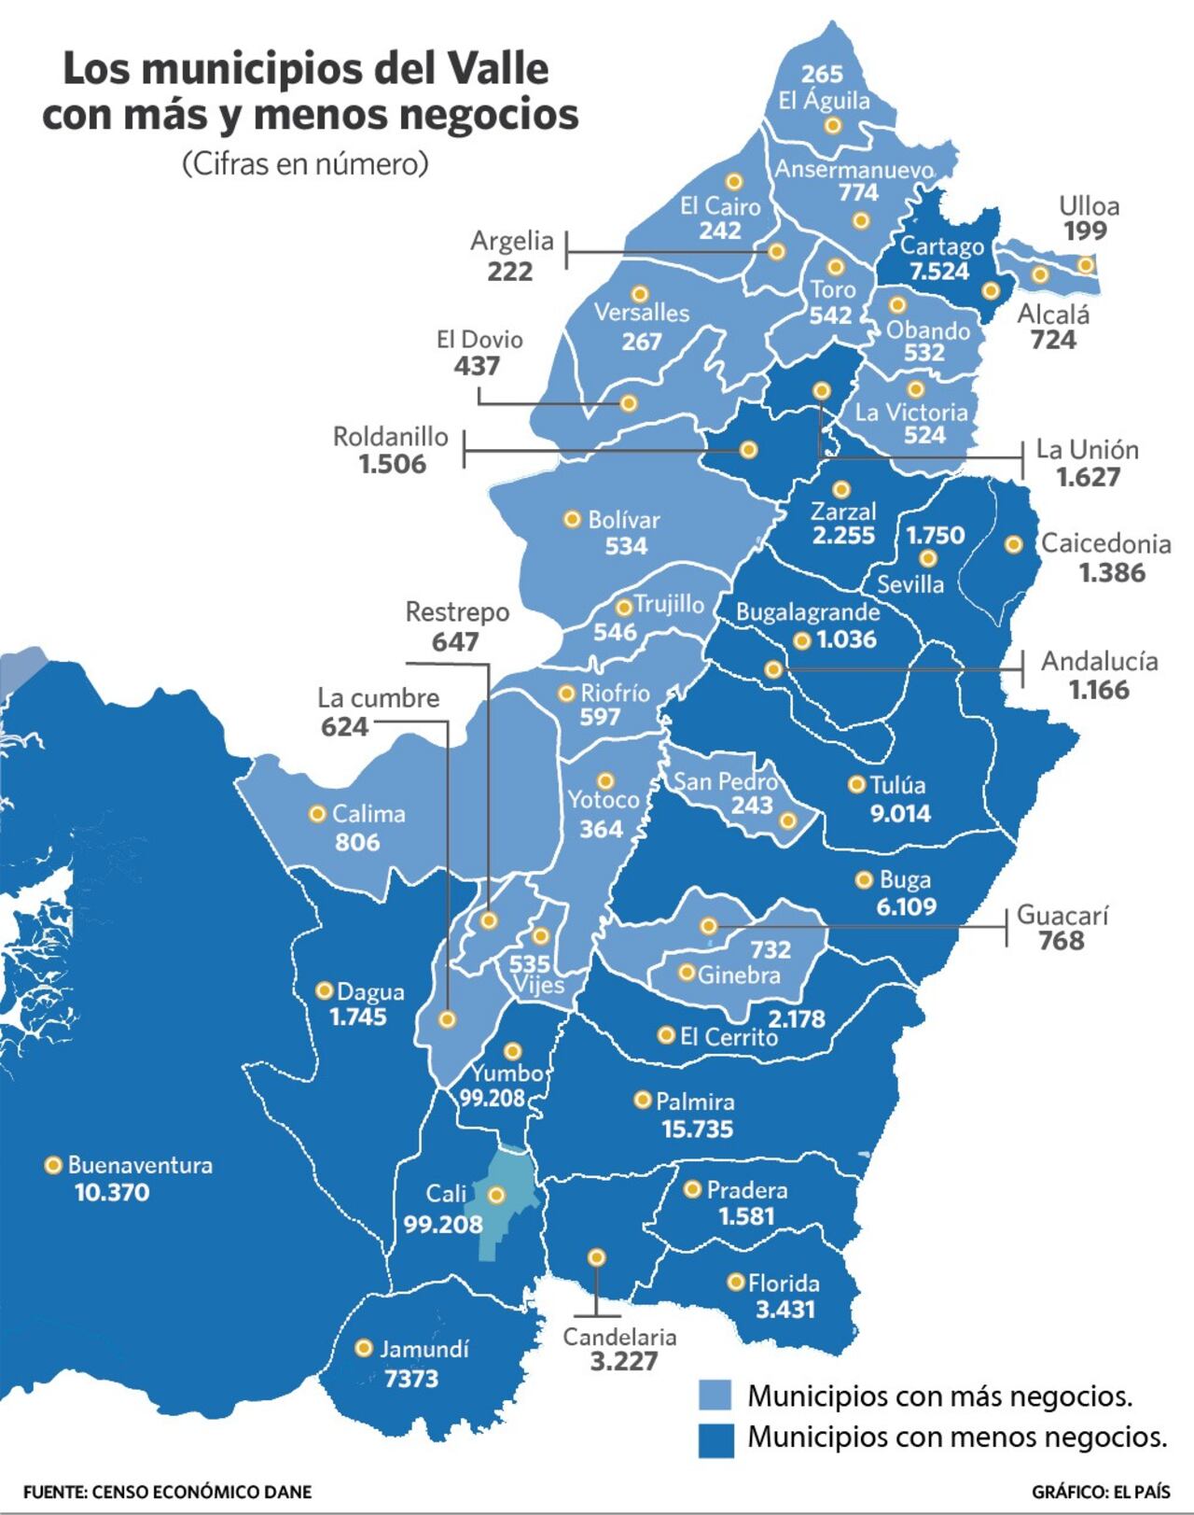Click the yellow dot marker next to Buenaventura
(x=53, y=1164)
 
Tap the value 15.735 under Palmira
(x=697, y=1129)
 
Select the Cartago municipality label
(x=941, y=246)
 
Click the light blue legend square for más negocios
(x=715, y=1396)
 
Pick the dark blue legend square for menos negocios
(x=715, y=1438)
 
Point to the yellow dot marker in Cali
(x=496, y=1194)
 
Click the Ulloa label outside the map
(x=1089, y=206)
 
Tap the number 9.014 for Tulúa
(x=899, y=813)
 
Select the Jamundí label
(x=423, y=1349)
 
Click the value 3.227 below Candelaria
(x=624, y=1361)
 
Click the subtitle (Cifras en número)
(x=305, y=163)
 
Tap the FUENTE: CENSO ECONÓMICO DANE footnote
(x=167, y=1492)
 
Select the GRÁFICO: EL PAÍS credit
(x=1101, y=1492)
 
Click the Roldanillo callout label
(x=391, y=437)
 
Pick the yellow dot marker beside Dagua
(x=325, y=990)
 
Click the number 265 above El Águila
(x=822, y=74)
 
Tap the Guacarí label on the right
(x=1062, y=915)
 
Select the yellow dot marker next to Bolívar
(x=572, y=519)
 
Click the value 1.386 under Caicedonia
(x=1112, y=572)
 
